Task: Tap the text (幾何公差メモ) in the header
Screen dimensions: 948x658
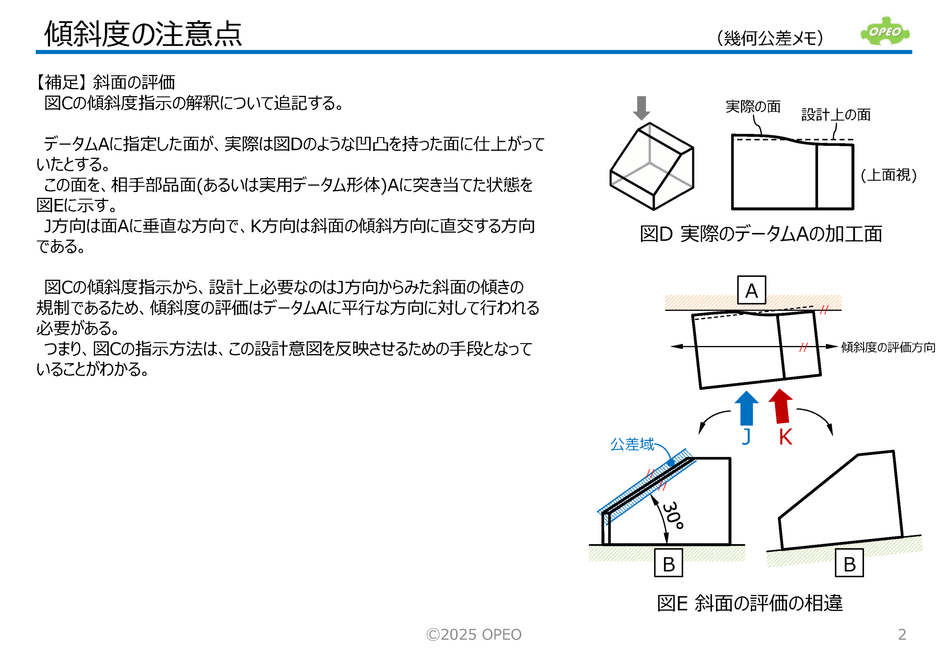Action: point(770,38)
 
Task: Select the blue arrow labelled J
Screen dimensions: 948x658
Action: point(746,408)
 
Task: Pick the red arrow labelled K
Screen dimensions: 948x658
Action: point(781,406)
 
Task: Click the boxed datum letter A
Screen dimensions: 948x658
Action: point(751,290)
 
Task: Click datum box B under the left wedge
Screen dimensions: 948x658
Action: point(668,563)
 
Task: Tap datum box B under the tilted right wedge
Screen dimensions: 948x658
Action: point(849,563)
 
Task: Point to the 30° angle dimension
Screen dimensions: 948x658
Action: point(673,516)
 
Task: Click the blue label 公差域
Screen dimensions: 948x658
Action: point(632,444)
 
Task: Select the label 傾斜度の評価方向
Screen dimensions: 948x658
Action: point(888,347)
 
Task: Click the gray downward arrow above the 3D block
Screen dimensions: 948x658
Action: point(641,108)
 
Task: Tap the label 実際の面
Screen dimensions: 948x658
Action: point(753,106)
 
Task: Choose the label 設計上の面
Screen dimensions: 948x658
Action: point(836,115)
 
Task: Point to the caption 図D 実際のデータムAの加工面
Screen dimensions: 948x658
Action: point(761,234)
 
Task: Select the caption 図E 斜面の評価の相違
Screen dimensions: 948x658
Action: point(750,603)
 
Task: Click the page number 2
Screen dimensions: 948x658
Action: point(902,634)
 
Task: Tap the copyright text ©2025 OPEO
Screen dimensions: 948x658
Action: point(474,634)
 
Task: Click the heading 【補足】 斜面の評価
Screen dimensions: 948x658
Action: point(106,82)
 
